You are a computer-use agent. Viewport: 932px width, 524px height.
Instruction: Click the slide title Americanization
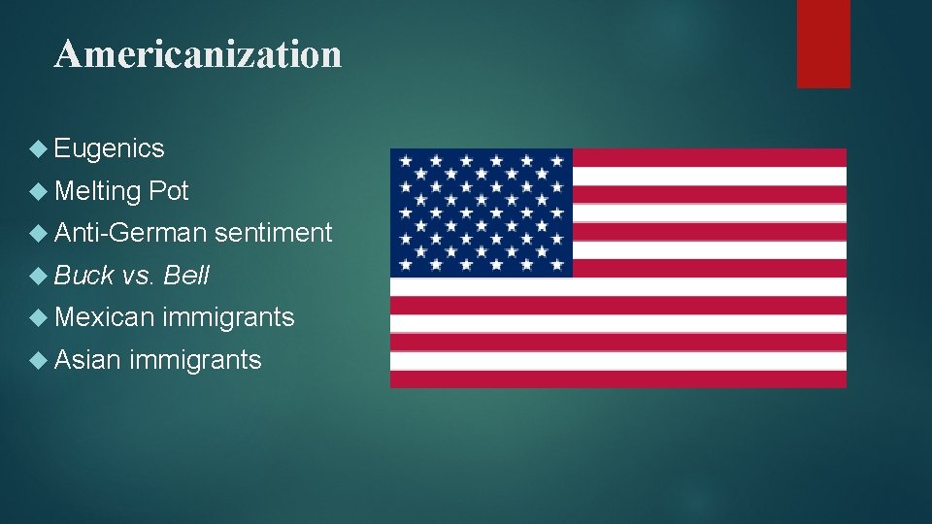pos(198,54)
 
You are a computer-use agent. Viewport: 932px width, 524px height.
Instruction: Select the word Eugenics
pos(110,148)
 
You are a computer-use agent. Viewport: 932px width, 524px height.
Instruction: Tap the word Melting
pos(98,191)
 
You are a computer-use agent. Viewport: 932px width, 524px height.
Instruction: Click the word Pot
pos(169,191)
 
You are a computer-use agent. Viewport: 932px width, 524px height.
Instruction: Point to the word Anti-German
pos(131,233)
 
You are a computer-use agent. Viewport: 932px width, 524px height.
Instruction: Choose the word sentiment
pos(274,233)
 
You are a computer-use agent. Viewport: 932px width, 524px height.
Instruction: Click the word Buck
pos(84,276)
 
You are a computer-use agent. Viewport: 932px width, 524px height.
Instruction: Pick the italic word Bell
pos(187,276)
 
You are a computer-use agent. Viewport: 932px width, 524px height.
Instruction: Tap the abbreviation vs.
pos(139,276)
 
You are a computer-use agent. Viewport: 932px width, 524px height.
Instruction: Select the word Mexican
pos(105,317)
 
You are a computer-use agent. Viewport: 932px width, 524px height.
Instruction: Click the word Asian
pos(88,360)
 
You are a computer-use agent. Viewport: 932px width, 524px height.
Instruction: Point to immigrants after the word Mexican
pos(229,317)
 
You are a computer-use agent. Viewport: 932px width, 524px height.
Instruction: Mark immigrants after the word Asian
pos(195,360)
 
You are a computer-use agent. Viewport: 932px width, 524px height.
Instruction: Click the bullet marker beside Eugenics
pos(38,149)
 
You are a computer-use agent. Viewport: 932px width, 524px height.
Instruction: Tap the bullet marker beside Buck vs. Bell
pos(38,277)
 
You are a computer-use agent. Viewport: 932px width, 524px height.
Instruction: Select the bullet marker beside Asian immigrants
pos(38,361)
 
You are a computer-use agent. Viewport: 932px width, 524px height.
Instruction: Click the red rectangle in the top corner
pos(823,44)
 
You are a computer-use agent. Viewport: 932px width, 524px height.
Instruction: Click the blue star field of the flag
pos(482,213)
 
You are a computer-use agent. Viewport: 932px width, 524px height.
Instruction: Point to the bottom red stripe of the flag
pos(618,378)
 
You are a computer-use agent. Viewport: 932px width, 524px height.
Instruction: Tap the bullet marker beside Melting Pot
pos(38,192)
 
